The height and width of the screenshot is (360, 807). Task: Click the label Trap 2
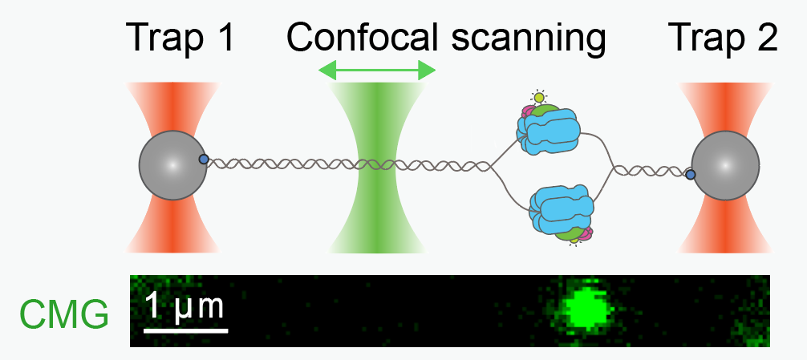pyautogui.click(x=722, y=38)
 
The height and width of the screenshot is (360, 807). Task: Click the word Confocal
pyautogui.click(x=363, y=38)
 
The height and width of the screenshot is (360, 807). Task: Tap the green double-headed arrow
pyautogui.click(x=377, y=71)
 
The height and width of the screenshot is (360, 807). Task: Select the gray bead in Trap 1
pyautogui.click(x=173, y=165)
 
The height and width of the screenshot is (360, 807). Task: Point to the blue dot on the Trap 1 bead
pyautogui.click(x=204, y=160)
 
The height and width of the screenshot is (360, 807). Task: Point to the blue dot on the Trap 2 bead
pyautogui.click(x=691, y=175)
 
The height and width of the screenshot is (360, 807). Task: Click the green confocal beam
pyautogui.click(x=378, y=167)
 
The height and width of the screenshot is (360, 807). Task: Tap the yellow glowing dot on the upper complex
pyautogui.click(x=539, y=97)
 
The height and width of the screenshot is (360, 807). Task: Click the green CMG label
pyautogui.click(x=64, y=314)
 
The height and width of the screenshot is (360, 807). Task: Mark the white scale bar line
pyautogui.click(x=186, y=330)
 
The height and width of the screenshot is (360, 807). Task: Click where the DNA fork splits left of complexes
pyautogui.click(x=489, y=166)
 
